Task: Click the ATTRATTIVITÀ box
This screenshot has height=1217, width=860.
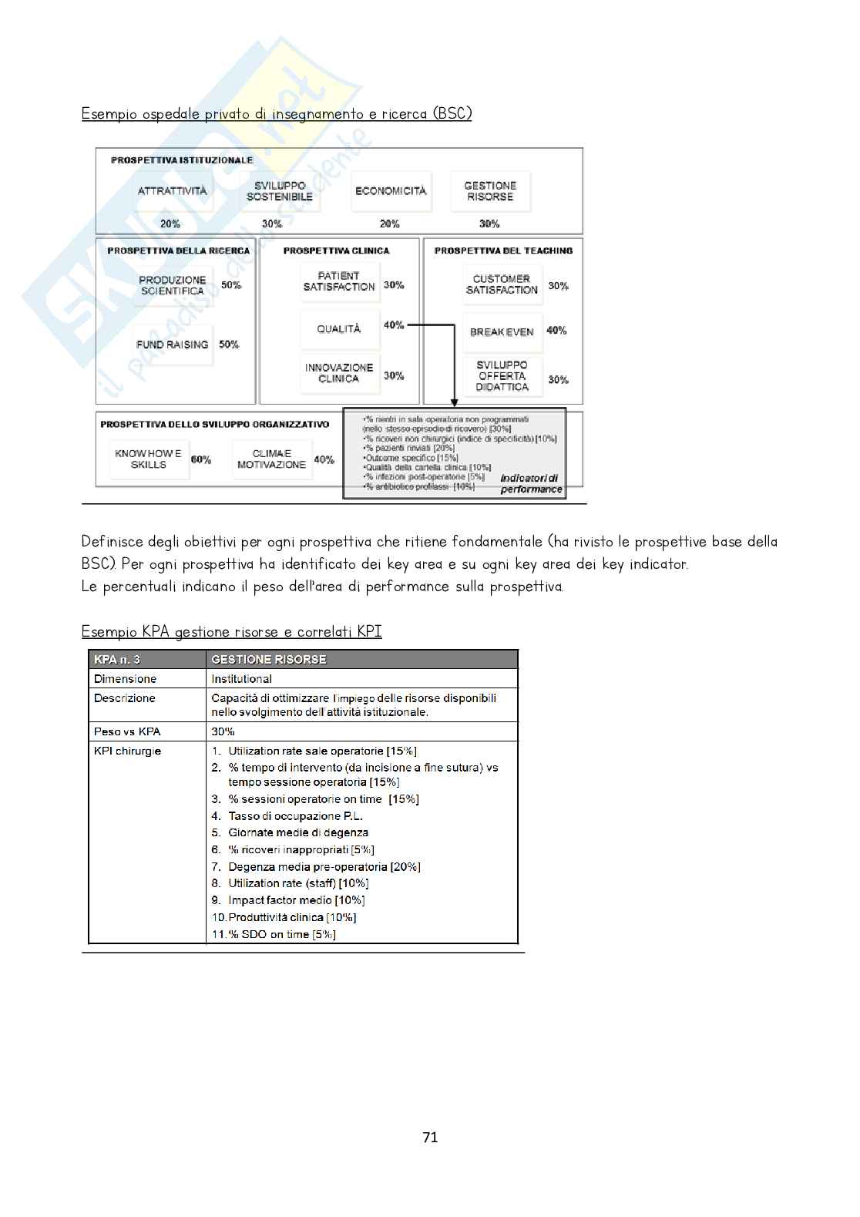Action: coord(172,190)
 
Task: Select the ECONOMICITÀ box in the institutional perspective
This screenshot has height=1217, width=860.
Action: coord(390,190)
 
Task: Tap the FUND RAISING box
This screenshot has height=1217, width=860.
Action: coord(172,345)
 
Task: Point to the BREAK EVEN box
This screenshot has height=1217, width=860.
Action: coord(502,331)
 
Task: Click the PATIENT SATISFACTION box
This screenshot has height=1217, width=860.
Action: coord(338,281)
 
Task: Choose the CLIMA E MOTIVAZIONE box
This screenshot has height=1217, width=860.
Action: coord(271,459)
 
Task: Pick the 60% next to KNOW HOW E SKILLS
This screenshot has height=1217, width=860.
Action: coord(201,459)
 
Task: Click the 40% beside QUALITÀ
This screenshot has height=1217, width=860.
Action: coord(394,325)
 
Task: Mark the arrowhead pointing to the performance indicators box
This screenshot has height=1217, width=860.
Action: coord(454,402)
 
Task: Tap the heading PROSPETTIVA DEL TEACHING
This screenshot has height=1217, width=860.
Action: coord(503,250)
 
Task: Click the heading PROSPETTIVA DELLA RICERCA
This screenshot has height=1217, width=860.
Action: coord(178,250)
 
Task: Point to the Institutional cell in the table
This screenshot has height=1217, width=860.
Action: coord(241,679)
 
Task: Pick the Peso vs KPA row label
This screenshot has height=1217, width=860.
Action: coord(127,731)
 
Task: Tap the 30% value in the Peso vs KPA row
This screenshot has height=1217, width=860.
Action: coord(223,731)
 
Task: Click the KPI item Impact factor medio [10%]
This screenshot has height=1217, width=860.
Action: coord(296,900)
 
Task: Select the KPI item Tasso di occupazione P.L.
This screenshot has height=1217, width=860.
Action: coord(295,816)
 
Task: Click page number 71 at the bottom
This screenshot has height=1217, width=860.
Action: coord(430,1137)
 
